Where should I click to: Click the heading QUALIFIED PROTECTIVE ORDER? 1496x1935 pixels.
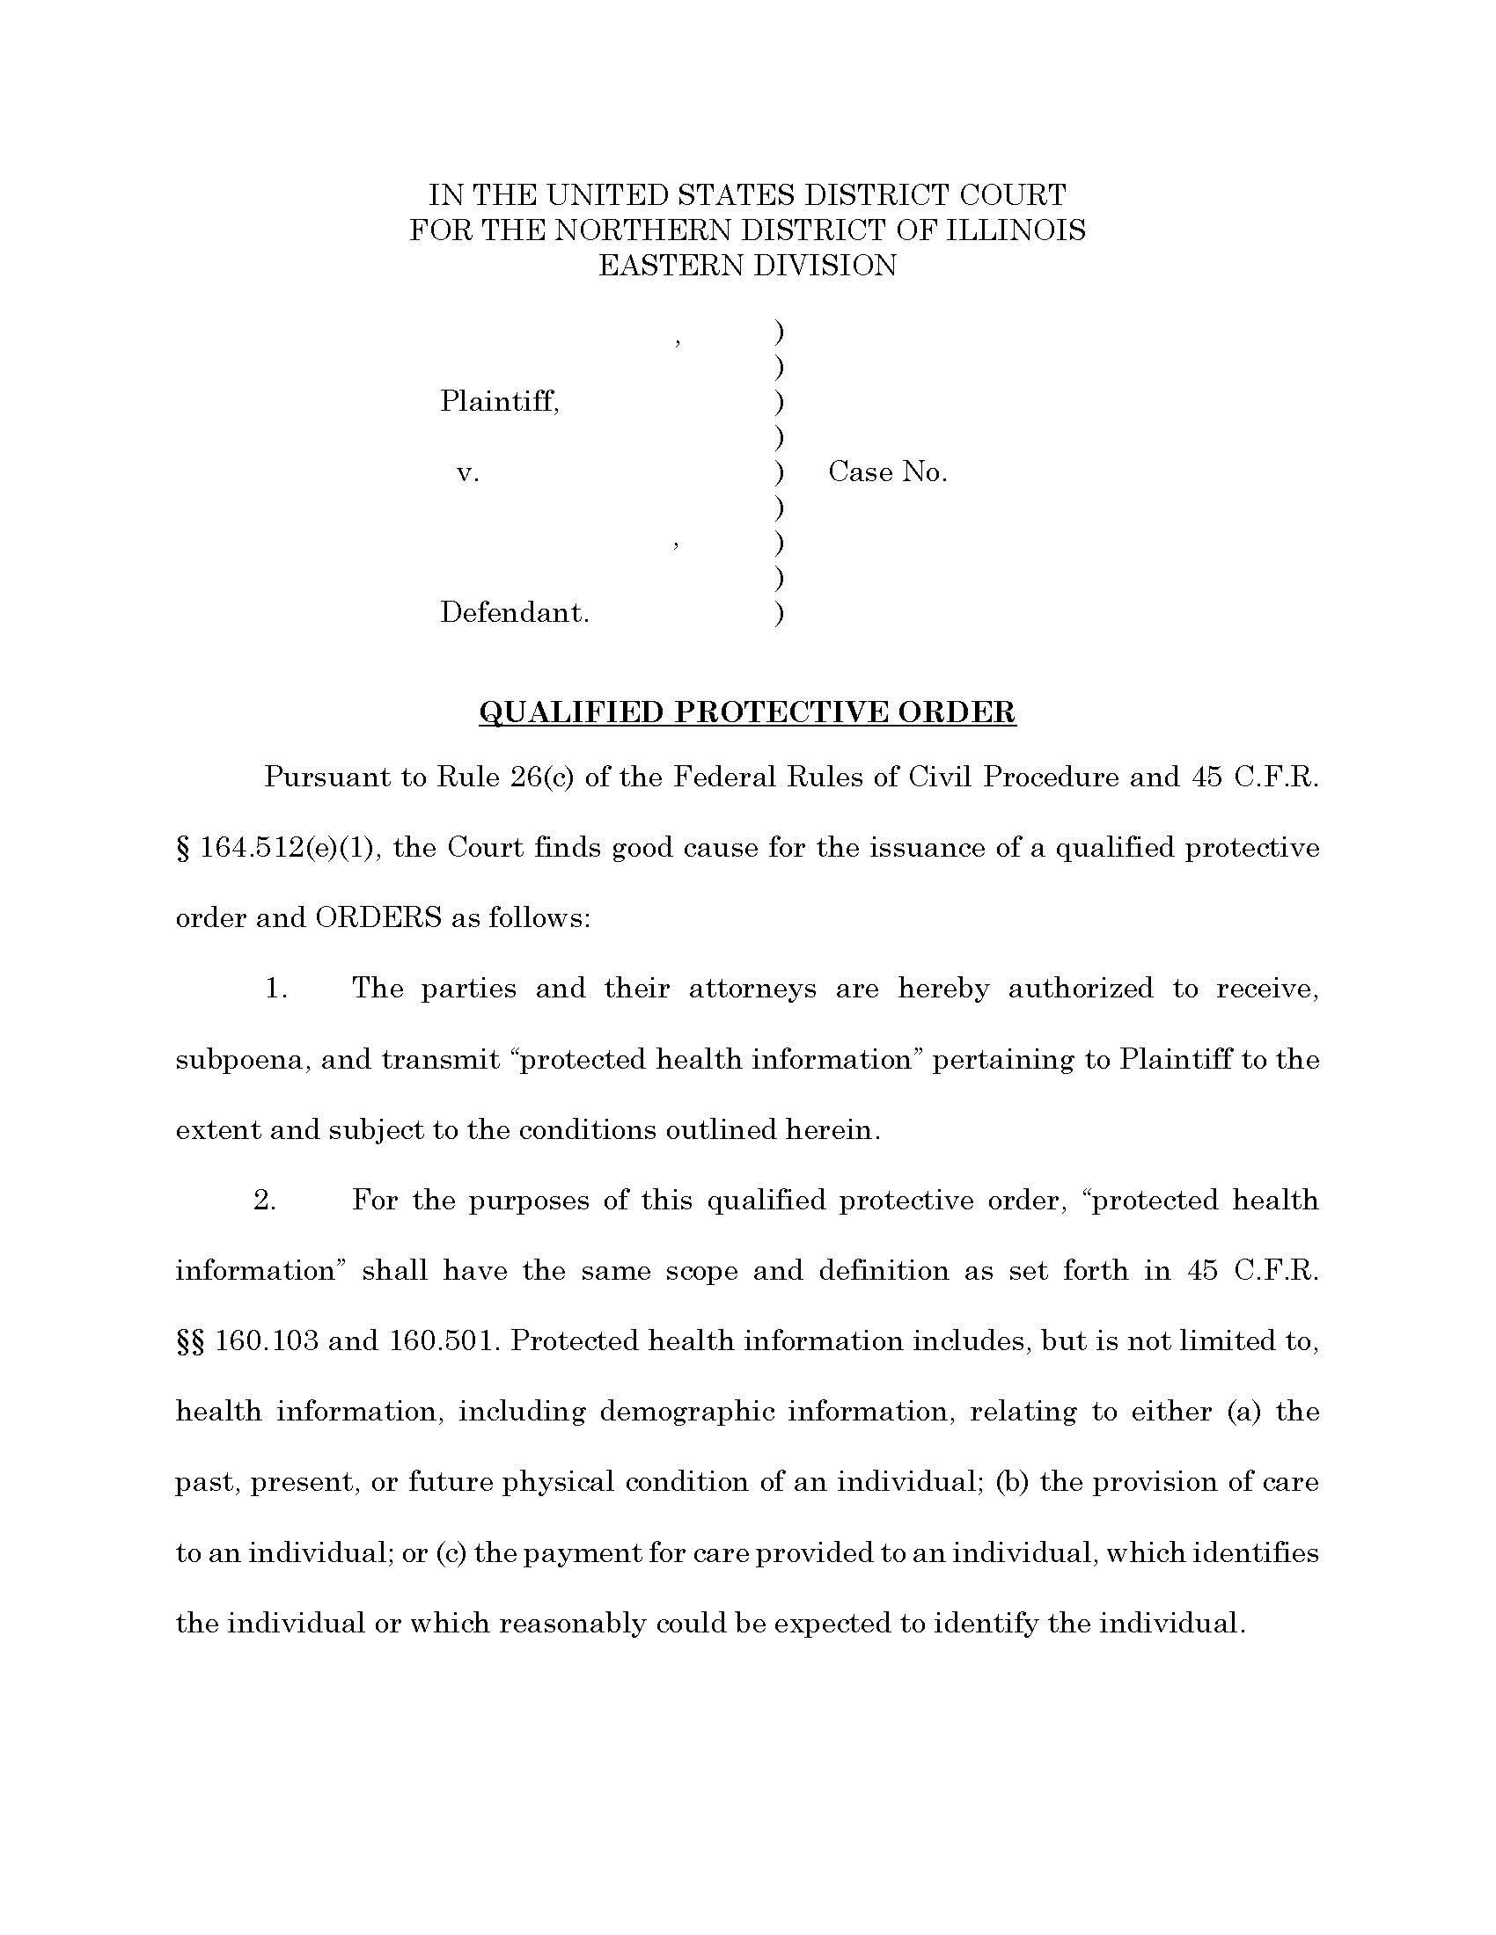tap(746, 712)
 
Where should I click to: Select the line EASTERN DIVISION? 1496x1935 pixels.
tap(747, 265)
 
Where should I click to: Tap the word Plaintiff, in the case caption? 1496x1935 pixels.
tap(500, 402)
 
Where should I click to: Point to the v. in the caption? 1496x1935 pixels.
tap(467, 473)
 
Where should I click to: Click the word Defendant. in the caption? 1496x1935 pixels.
tap(514, 613)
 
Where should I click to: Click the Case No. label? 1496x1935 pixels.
tap(887, 472)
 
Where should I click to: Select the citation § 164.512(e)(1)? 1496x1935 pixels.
tap(278, 848)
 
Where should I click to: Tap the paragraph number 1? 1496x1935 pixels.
tap(276, 989)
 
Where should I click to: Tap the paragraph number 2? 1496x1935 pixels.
tap(265, 1201)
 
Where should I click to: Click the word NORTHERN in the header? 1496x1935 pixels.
tap(642, 230)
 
